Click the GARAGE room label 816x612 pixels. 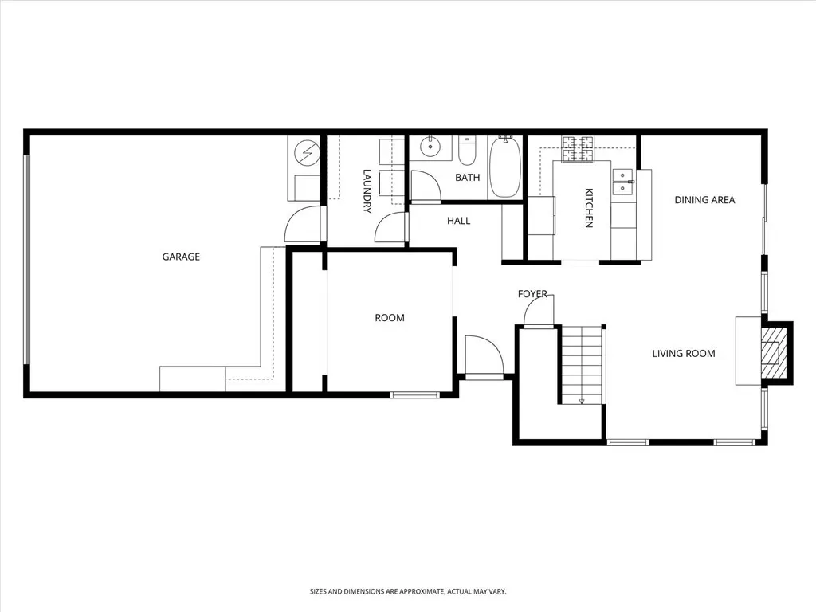pos(181,257)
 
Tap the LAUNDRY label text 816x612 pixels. pos(367,191)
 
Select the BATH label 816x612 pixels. pos(467,178)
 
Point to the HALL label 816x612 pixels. pos(458,221)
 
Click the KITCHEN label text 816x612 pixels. pos(589,208)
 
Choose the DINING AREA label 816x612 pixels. pos(704,200)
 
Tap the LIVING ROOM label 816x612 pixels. pos(684,353)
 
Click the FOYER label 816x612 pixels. pos(532,294)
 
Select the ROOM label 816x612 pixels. pos(390,317)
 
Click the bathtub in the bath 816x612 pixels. pos(504,167)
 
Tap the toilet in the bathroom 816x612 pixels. pos(467,150)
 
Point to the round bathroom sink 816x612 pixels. pos(430,147)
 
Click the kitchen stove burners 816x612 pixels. pos(577,149)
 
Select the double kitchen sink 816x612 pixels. pos(623,181)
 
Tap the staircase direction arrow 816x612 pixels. pos(581,400)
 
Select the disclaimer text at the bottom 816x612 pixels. pos(408,592)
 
